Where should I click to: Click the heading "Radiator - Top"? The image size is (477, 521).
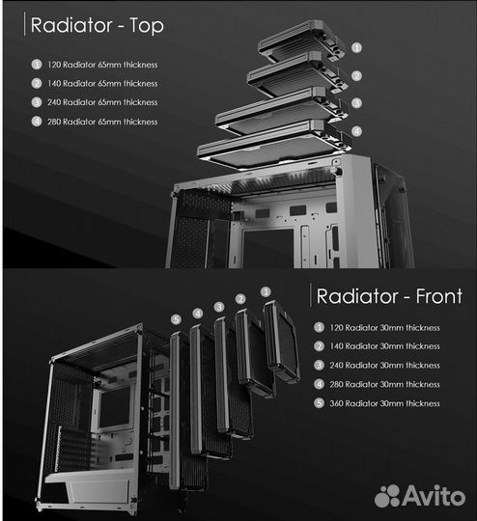pyautogui.click(x=98, y=25)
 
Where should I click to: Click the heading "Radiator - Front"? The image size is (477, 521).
pyautogui.click(x=389, y=296)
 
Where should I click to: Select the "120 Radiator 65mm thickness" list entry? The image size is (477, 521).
pyautogui.click(x=102, y=65)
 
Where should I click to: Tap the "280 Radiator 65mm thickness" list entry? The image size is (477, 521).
pyautogui.click(x=102, y=122)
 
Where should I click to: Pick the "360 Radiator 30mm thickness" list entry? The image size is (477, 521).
pyautogui.click(x=384, y=403)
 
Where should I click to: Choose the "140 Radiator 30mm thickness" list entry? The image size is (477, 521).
pyautogui.click(x=384, y=346)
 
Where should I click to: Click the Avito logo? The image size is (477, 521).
pyautogui.click(x=420, y=496)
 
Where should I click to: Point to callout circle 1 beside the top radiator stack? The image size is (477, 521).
pyautogui.click(x=356, y=48)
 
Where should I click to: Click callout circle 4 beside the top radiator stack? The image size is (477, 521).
pyautogui.click(x=356, y=131)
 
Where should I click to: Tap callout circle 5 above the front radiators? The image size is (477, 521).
pyautogui.click(x=176, y=319)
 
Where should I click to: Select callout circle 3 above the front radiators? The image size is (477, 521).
pyautogui.click(x=219, y=307)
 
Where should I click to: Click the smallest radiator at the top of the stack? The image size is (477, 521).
pyautogui.click(x=301, y=41)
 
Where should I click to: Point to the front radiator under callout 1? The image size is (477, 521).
pyautogui.click(x=281, y=342)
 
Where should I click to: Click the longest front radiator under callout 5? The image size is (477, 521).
pyautogui.click(x=186, y=412)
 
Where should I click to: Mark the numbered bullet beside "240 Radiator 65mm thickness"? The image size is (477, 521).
pyautogui.click(x=37, y=102)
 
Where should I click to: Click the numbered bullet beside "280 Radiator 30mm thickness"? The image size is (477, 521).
pyautogui.click(x=319, y=384)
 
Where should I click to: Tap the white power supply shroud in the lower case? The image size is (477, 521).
pyautogui.click(x=90, y=485)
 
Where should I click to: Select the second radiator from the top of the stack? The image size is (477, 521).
pyautogui.click(x=297, y=73)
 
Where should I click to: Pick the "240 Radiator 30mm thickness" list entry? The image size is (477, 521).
pyautogui.click(x=384, y=366)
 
